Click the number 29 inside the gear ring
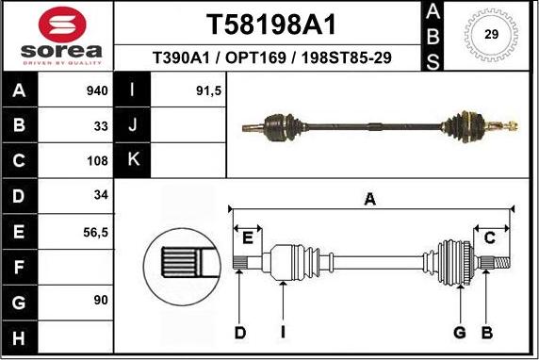491,34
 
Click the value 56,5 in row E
96,230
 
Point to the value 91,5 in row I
208,91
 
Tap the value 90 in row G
101,300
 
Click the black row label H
19,337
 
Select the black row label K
132,160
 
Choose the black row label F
19,267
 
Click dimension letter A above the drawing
370,198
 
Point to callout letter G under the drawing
460,332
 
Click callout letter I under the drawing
283,332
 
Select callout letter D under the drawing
239,332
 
